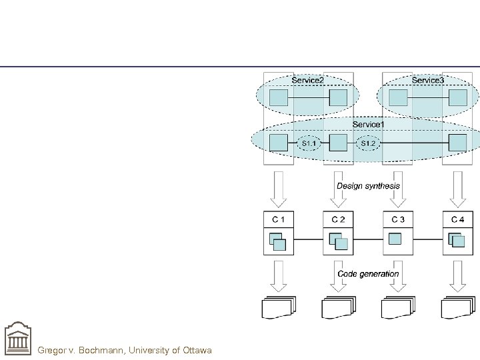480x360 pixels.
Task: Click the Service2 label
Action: pos(307,81)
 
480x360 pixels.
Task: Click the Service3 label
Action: pos(427,81)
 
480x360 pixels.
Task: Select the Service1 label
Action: pos(368,124)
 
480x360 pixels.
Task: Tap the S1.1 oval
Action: pos(309,143)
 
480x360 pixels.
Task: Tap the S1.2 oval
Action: pos(368,143)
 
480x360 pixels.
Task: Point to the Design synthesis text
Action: pos(368,186)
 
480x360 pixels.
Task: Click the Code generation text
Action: pos(368,273)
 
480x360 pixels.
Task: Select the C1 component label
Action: pos(279,219)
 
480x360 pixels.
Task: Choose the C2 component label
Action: pos(338,219)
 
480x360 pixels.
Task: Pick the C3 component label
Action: pos(398,219)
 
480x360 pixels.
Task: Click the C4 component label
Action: pos(457,219)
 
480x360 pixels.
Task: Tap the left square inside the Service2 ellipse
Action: pos(279,99)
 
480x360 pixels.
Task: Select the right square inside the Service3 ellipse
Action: pos(457,99)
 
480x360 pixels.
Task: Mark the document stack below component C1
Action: pos(279,307)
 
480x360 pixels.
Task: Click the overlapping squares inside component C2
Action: pos(338,241)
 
